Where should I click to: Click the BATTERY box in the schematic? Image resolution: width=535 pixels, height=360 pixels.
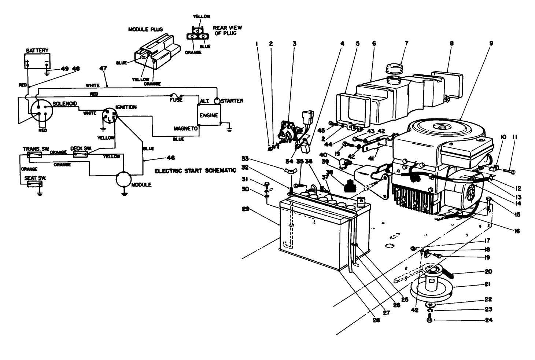click(37, 61)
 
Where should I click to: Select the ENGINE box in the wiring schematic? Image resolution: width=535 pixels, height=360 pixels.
click(209, 115)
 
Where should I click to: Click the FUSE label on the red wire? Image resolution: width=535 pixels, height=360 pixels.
click(176, 100)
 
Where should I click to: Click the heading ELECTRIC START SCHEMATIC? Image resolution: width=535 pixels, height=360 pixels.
click(195, 171)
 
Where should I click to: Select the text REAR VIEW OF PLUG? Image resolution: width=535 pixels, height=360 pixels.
click(228, 30)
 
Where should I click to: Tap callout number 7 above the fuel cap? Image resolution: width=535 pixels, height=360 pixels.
click(406, 43)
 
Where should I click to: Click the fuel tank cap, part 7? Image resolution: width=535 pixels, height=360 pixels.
click(394, 69)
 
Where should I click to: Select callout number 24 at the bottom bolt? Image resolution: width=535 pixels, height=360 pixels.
click(488, 320)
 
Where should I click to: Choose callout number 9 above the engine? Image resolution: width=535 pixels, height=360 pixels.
click(491, 43)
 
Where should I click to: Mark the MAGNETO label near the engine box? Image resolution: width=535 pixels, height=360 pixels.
click(185, 129)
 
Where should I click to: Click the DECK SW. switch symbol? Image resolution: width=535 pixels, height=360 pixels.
click(80, 155)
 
